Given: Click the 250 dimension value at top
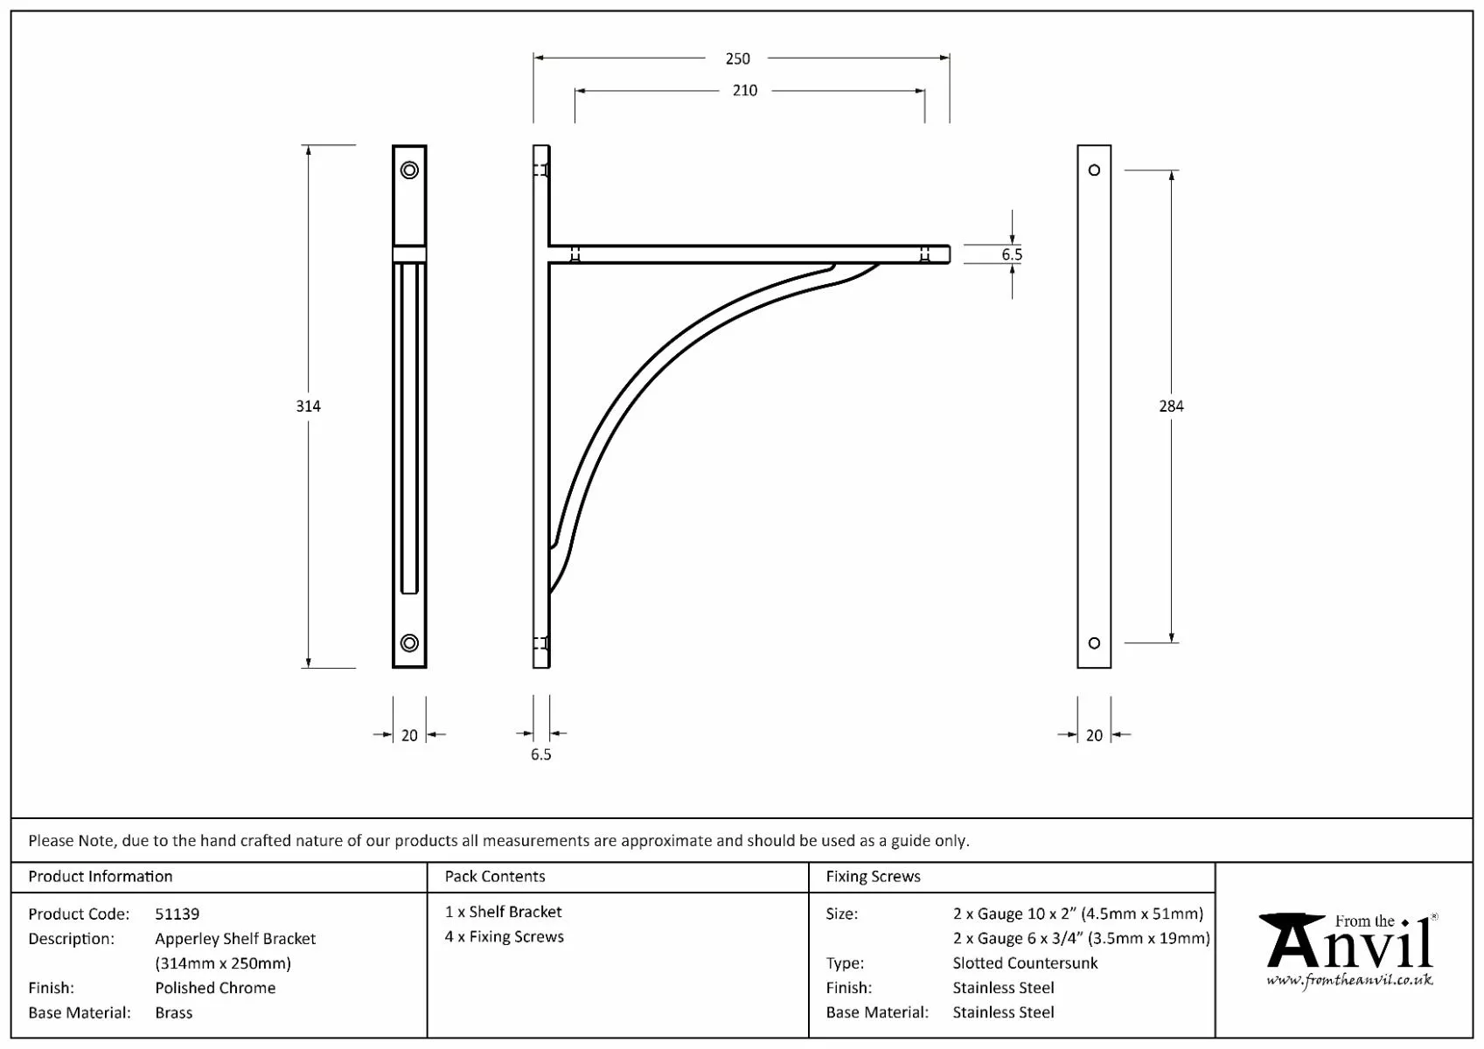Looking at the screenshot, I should (737, 59).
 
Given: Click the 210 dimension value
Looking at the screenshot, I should (744, 91).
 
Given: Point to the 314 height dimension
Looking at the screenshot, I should (308, 406).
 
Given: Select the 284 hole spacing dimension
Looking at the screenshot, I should (1170, 406).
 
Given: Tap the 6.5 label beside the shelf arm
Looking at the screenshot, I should (1012, 254).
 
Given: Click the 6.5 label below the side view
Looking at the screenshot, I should (540, 754).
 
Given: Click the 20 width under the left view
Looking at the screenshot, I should (409, 735).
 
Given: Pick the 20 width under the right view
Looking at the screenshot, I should (1094, 735).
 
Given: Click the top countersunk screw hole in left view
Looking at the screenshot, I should (409, 170).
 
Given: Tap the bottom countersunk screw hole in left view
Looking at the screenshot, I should (409, 643).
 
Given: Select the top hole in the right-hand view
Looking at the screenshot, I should (1094, 170).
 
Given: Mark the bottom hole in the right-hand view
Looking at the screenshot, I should (1094, 643).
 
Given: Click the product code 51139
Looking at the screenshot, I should (178, 914).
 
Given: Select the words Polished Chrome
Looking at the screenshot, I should (215, 988).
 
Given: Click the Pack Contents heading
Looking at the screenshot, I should (495, 876).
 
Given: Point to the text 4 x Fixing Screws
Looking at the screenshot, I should (505, 936).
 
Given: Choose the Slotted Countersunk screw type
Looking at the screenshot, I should (1025, 962).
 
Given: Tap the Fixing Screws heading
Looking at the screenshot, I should (873, 876).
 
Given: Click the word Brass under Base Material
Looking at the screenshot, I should (173, 1012).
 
